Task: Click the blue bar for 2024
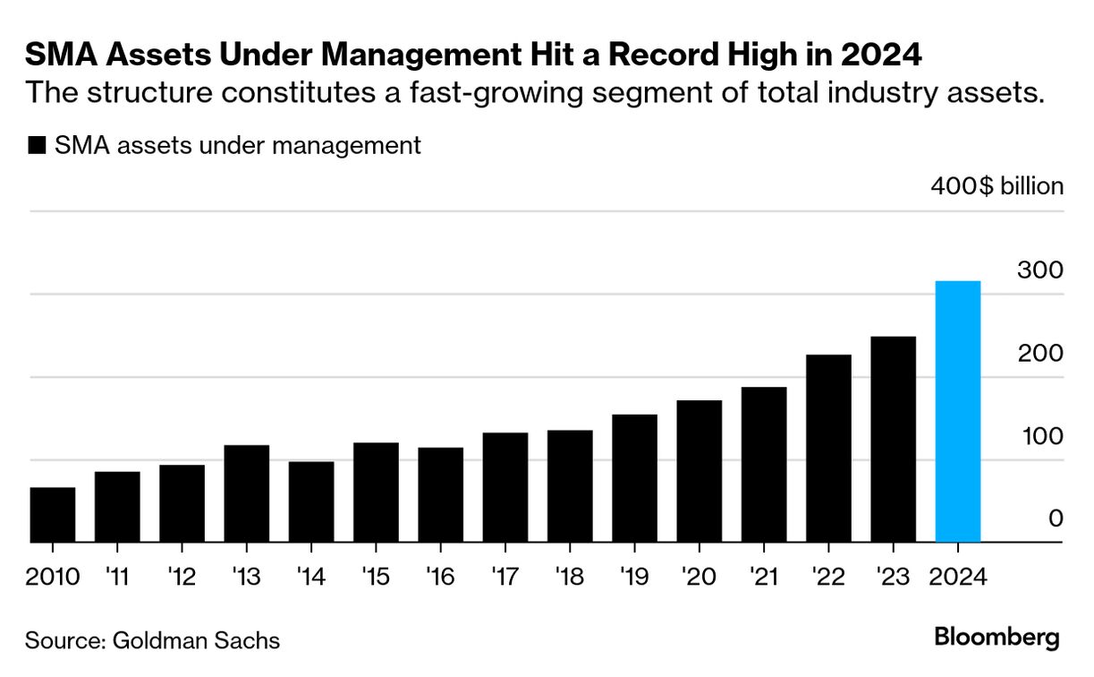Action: pos(957,412)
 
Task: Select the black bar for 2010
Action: pos(52,515)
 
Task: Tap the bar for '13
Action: pos(246,493)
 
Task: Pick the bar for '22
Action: pos(828,449)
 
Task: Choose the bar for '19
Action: pos(634,478)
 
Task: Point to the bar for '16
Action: pos(440,495)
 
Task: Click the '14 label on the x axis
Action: pos(310,576)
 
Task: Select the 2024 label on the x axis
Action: pos(957,576)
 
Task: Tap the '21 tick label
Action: pos(763,576)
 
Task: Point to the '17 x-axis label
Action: pos(505,576)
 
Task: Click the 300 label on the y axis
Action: pos(1040,270)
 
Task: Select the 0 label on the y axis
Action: pos(1056,519)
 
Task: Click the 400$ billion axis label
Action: pos(996,186)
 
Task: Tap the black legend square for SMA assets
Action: pos(37,146)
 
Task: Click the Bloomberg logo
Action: pos(996,638)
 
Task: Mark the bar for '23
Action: pos(893,440)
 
